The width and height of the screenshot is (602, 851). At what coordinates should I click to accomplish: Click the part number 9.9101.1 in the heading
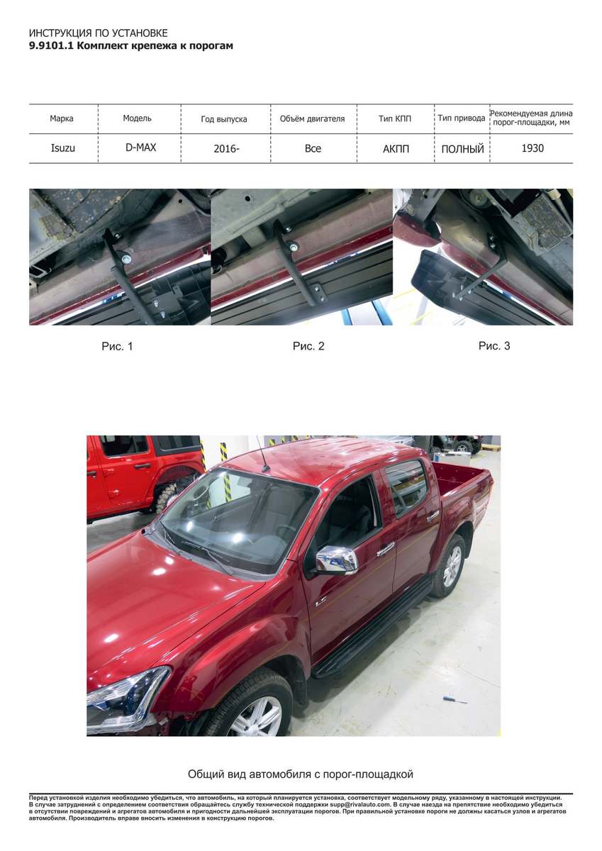point(51,46)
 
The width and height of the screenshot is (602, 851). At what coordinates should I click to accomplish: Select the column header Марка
point(62,118)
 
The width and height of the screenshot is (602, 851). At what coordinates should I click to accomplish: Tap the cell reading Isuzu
point(62,148)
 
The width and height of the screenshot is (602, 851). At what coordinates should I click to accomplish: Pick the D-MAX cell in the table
point(140,148)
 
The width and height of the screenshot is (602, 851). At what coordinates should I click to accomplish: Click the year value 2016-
point(226,148)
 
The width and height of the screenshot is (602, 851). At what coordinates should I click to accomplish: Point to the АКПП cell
point(396,148)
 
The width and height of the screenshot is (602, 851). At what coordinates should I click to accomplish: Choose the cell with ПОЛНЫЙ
point(462,149)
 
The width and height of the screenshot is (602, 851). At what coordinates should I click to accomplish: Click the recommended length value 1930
point(533,148)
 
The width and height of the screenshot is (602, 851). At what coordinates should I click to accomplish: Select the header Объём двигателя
point(312,119)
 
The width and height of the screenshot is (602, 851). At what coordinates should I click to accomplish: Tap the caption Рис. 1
point(118,346)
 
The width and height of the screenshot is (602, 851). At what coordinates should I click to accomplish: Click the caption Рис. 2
point(308,346)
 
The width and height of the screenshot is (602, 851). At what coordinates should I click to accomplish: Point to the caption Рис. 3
point(494,346)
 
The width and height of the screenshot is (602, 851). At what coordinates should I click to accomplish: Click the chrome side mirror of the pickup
point(337,560)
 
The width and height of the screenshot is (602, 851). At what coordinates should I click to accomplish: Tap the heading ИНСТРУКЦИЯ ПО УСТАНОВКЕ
point(99,33)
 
